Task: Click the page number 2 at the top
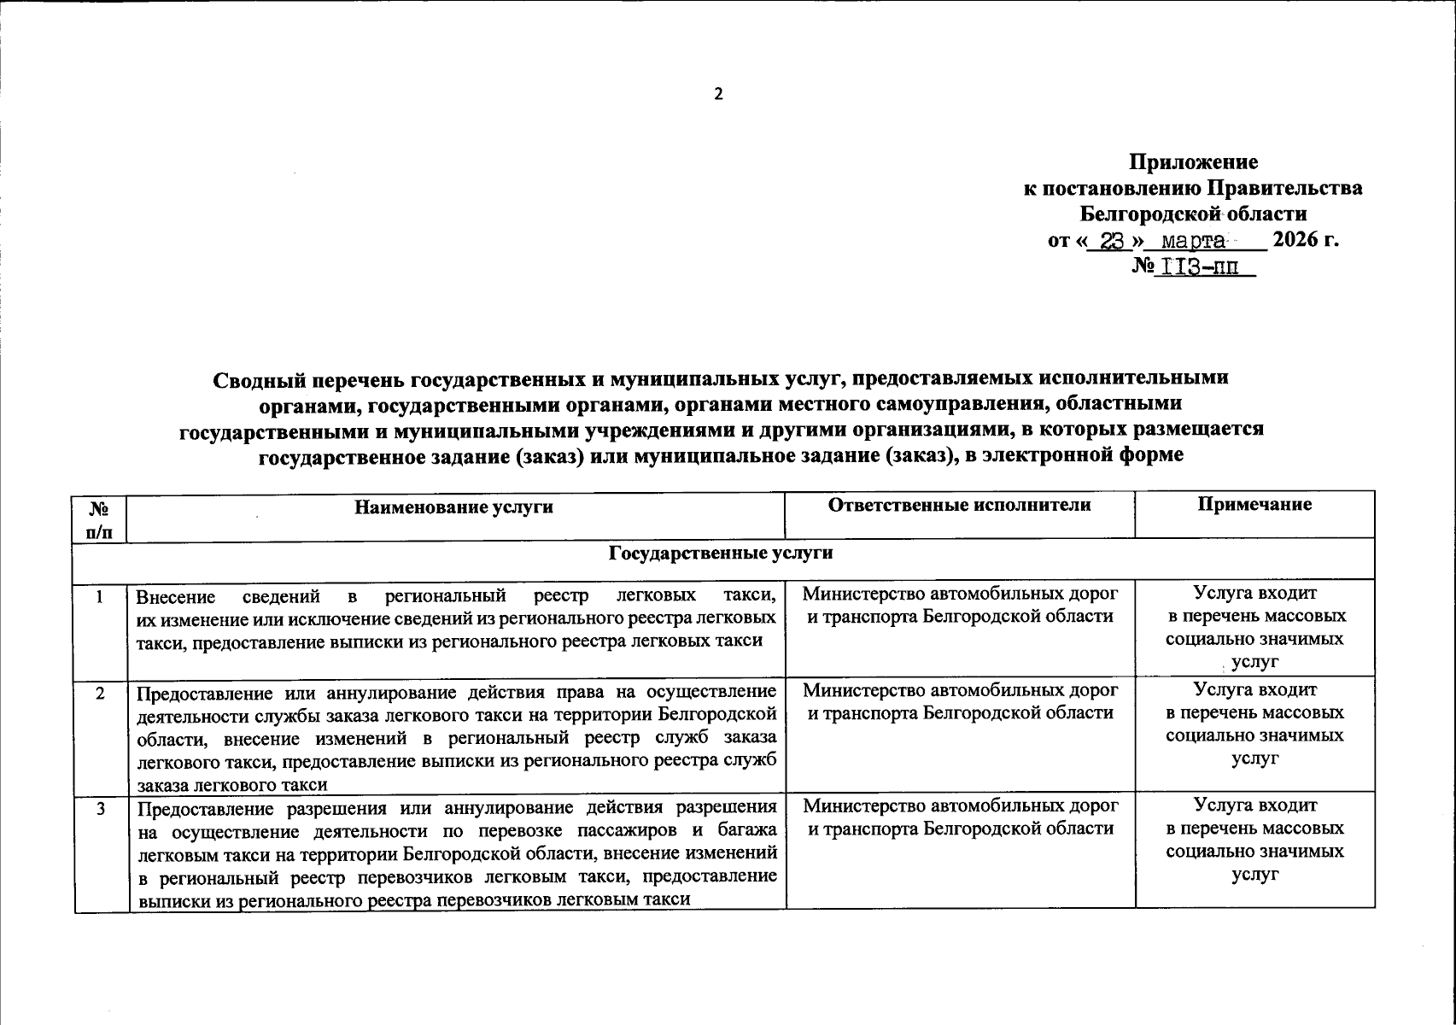[718, 94]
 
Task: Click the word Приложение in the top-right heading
[1193, 162]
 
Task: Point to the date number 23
[1110, 241]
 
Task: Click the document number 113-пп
[1204, 267]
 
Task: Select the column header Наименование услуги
[454, 507]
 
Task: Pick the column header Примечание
[1254, 506]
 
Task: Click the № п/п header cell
[100, 519]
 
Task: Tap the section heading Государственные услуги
[720, 553]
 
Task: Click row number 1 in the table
[100, 597]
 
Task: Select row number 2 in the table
[100, 694]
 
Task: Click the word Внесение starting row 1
[176, 596]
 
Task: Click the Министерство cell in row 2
[960, 700]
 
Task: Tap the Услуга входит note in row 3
[1254, 805]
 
